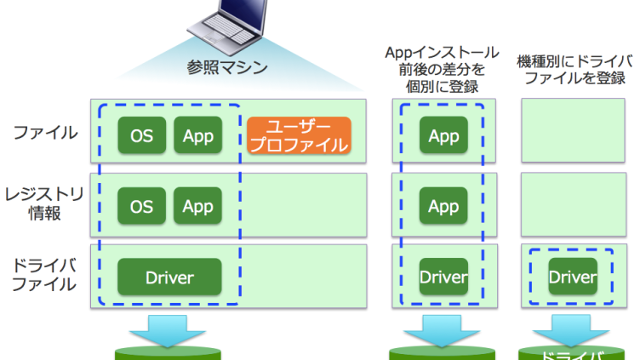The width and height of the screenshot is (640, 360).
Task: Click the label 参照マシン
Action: click(x=227, y=67)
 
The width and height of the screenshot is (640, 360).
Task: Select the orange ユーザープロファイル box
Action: click(x=299, y=135)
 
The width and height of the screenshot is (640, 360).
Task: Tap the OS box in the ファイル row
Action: click(x=141, y=135)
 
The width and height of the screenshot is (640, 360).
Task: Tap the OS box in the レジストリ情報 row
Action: click(x=141, y=206)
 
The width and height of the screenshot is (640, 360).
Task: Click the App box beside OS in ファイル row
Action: click(x=197, y=135)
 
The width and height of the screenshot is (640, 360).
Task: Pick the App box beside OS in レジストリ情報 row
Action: click(x=197, y=206)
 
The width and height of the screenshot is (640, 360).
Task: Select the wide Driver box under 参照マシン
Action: click(x=169, y=277)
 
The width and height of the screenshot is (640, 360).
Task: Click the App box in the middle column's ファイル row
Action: click(x=443, y=135)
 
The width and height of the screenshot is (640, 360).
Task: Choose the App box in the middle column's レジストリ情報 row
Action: click(x=443, y=206)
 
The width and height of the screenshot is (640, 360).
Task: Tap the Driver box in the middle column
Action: click(x=443, y=277)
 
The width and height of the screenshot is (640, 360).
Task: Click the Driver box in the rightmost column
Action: click(x=572, y=277)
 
